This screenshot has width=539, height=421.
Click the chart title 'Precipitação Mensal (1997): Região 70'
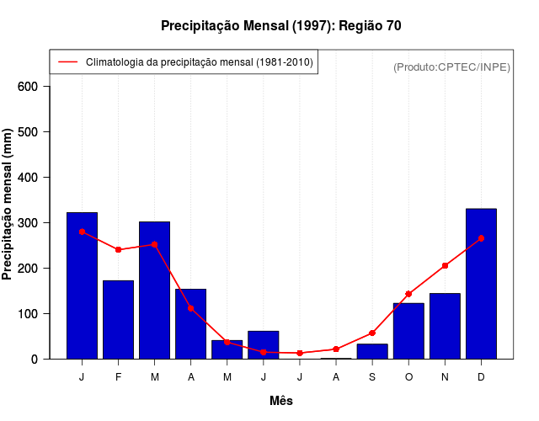click(x=280, y=26)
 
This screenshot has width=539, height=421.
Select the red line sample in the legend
click(x=68, y=62)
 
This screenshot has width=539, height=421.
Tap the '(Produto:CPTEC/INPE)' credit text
click(x=451, y=67)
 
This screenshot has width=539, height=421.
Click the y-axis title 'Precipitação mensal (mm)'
click(x=8, y=205)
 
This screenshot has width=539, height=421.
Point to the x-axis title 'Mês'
click(x=281, y=401)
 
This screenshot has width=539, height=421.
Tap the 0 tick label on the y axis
click(x=45, y=360)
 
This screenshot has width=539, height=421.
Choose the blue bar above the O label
click(x=408, y=331)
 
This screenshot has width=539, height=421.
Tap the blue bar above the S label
click(x=372, y=351)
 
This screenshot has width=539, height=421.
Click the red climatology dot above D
click(x=481, y=238)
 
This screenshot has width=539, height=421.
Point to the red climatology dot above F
click(x=118, y=250)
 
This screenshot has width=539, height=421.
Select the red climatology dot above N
click(x=445, y=266)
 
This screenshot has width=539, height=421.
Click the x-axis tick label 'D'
click(x=481, y=377)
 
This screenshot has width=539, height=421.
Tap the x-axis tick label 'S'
click(x=372, y=377)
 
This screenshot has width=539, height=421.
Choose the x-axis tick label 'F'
click(x=118, y=377)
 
